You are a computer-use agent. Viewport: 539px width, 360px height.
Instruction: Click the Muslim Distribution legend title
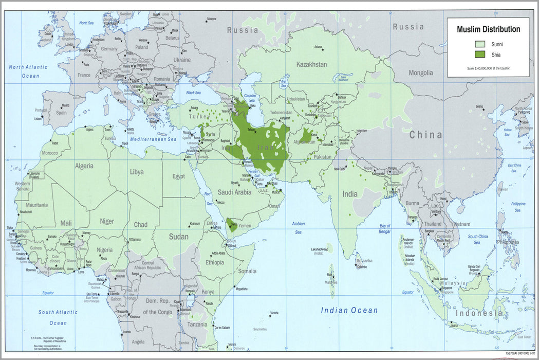point(488,29)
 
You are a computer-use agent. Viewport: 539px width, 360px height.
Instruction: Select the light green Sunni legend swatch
point(480,44)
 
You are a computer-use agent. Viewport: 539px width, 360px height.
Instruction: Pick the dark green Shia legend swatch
point(480,55)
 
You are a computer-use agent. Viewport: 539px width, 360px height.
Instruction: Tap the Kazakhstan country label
point(311,64)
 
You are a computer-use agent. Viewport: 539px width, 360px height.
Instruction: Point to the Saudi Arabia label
point(234,192)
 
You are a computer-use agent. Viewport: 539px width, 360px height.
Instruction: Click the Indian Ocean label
point(349,310)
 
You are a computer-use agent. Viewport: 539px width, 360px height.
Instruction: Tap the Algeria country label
point(84,166)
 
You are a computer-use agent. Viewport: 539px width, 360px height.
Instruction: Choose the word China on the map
point(425,135)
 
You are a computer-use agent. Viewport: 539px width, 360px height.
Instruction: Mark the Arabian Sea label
point(298,228)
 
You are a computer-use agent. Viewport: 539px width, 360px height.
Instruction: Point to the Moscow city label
point(211,19)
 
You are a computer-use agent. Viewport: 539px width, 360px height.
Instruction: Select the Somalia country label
point(247,271)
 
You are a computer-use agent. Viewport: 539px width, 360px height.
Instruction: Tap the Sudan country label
point(178,237)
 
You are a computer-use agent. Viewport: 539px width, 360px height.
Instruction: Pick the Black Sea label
point(193,93)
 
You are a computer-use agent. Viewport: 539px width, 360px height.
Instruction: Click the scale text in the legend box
point(488,68)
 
